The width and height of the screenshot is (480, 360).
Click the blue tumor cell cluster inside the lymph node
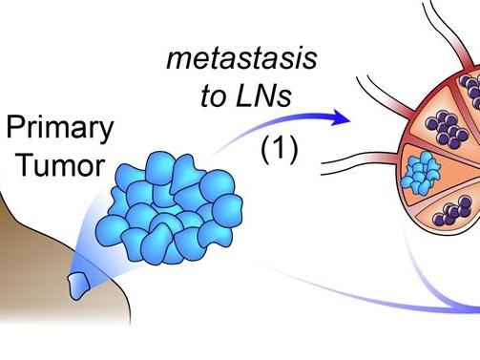[419, 172]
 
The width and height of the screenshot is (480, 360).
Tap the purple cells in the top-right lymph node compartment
[470, 88]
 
